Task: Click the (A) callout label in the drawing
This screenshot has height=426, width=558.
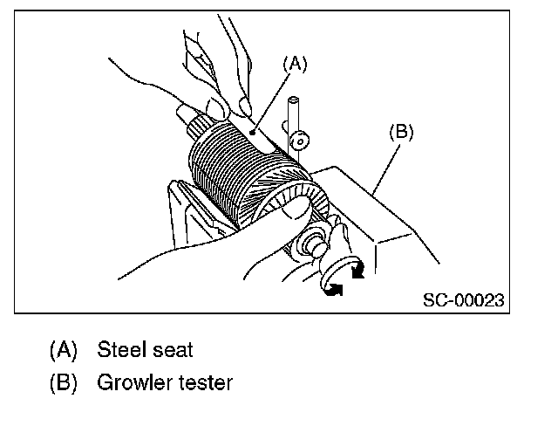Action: point(296,63)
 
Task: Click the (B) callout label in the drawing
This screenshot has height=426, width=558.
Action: point(399,133)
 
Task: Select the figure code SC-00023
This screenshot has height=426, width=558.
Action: point(463,299)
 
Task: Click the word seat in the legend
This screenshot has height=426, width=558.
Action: point(171,351)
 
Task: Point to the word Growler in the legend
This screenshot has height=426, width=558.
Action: point(135,382)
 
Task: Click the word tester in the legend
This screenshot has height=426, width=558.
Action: point(205,382)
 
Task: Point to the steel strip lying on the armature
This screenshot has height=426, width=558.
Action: point(253,131)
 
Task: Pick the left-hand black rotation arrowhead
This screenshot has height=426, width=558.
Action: point(332,289)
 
